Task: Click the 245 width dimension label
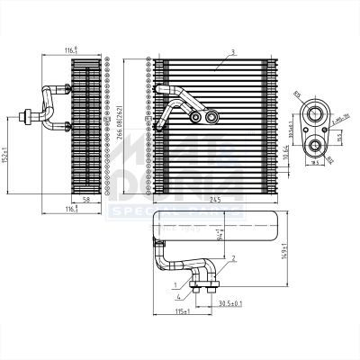point(214,198)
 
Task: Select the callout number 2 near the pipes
point(234,258)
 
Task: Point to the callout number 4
point(179,296)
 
